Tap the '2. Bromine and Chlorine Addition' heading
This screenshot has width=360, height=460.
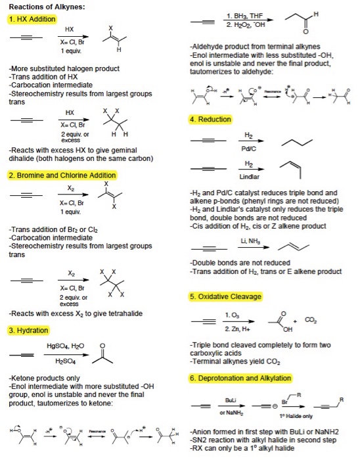[62, 175]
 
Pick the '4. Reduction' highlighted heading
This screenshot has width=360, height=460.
[210, 119]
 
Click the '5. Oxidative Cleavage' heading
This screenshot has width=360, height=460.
[225, 296]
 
